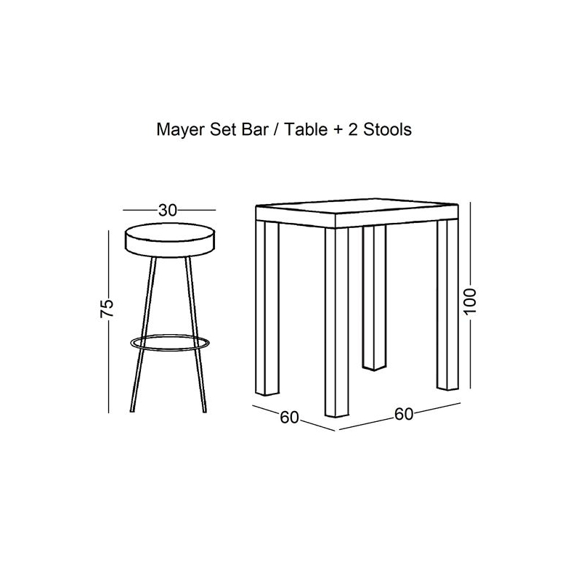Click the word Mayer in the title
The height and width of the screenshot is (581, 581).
coord(181,131)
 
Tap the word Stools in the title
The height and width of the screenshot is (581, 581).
coord(387,130)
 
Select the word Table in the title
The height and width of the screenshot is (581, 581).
coord(306,130)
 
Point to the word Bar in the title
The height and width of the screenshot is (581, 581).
coord(255,130)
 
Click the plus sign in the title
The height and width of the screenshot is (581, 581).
coord(338,131)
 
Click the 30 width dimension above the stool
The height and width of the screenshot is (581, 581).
coord(168,211)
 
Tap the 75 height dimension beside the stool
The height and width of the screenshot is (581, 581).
coord(107,308)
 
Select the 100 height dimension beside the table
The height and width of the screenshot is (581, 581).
coord(470,301)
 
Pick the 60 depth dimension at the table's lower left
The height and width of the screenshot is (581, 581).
coord(289,417)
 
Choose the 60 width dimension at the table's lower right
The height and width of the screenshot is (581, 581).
coord(404,414)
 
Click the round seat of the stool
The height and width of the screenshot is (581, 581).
coord(170,240)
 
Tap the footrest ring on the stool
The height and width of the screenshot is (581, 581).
coord(170,343)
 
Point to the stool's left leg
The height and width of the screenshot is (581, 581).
coord(143,335)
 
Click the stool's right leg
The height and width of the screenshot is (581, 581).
coord(195,335)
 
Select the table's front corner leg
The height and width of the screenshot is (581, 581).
coord(337,322)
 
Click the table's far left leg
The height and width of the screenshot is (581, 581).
coord(267,308)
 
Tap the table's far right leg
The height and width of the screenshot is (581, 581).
coord(447,305)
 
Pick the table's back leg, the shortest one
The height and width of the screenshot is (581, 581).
coord(374,298)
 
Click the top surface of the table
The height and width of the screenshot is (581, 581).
coord(357,206)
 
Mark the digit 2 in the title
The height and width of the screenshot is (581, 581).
coord(353,130)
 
